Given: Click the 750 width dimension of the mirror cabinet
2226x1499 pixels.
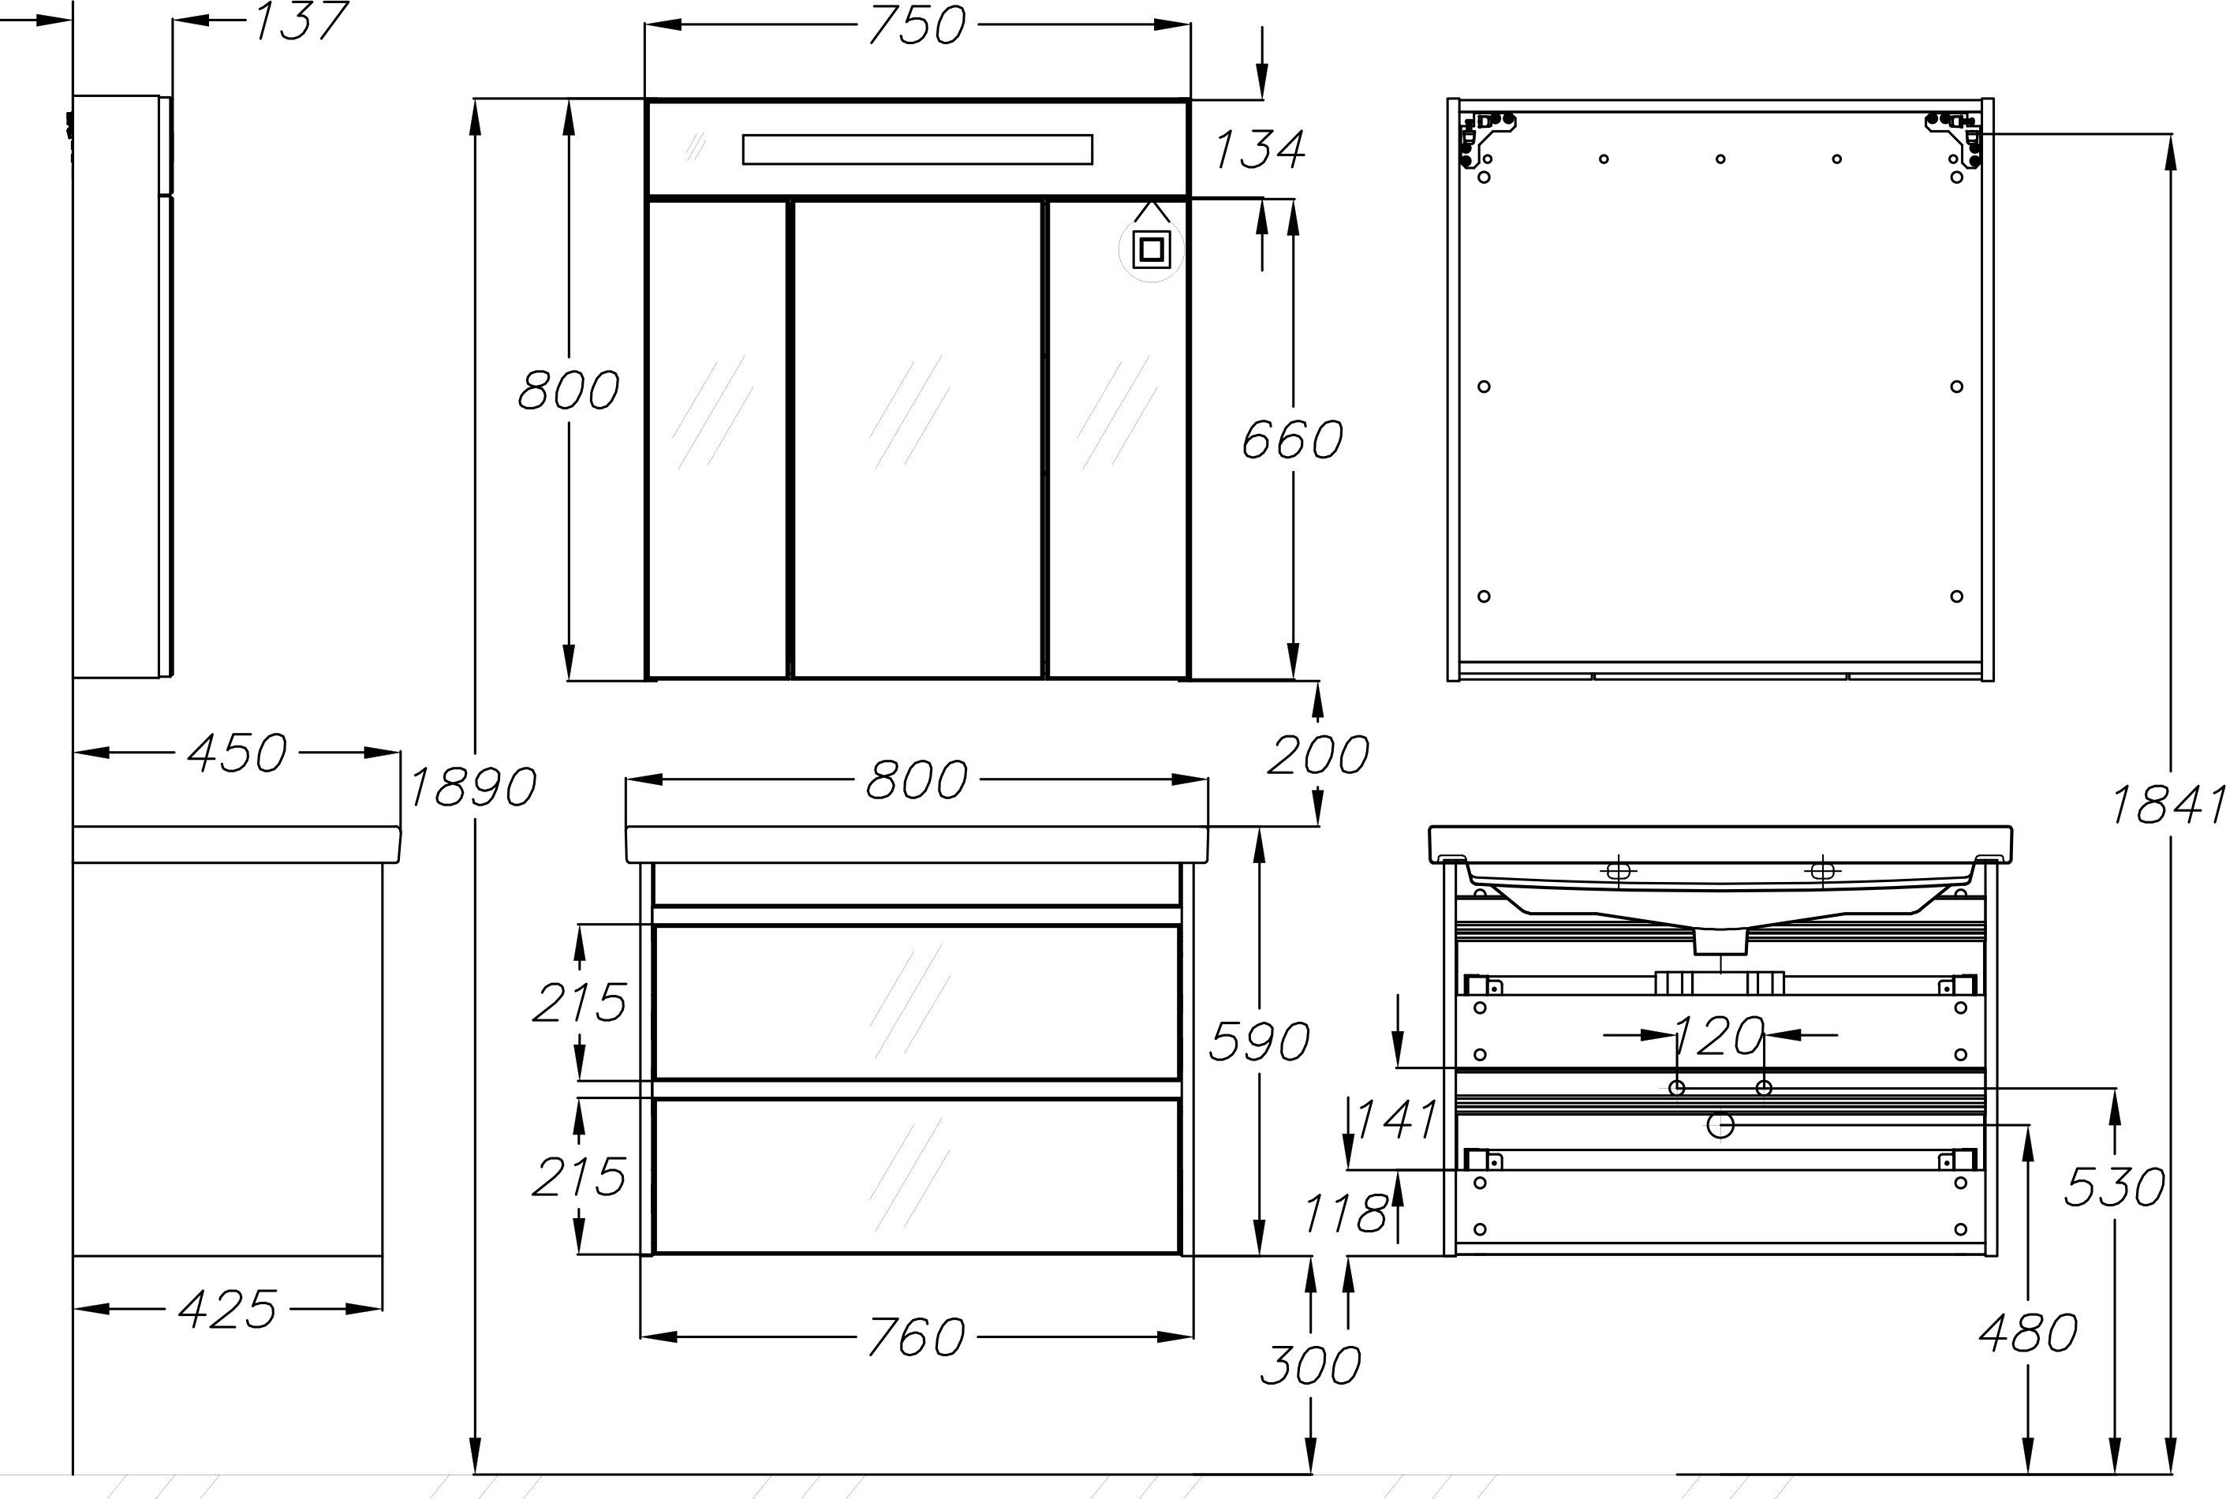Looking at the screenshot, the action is click(917, 26).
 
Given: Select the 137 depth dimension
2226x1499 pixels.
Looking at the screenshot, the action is click(299, 21).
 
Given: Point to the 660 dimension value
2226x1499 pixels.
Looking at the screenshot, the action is click(1292, 439).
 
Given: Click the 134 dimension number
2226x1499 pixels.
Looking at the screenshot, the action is click(1260, 150).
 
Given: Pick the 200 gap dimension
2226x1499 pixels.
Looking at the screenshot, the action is click(1318, 755).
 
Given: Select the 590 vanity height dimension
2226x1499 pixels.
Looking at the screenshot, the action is click(1259, 1042).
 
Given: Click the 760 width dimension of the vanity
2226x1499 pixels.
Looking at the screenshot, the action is click(917, 1336).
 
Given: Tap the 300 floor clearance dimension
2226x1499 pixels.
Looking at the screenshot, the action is click(1310, 1365).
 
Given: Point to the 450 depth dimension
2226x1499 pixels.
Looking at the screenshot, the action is click(236, 753).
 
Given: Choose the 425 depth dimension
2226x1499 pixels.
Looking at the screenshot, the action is click(227, 1310).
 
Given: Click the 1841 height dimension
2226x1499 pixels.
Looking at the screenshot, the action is click(2167, 805).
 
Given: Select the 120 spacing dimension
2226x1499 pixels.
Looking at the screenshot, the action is click(1720, 1035).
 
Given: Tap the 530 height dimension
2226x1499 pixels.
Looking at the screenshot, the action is click(2114, 1187).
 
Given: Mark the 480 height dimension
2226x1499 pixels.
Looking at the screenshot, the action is click(2028, 1333).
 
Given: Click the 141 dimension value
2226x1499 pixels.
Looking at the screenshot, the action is click(1396, 1120).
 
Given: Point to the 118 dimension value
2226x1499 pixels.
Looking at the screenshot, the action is click(1346, 1214).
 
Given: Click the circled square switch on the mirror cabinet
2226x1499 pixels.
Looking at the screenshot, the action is click(1151, 249).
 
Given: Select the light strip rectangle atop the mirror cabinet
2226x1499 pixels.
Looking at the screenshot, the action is click(917, 150).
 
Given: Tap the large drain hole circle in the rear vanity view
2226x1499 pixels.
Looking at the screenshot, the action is click(1720, 1126).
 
